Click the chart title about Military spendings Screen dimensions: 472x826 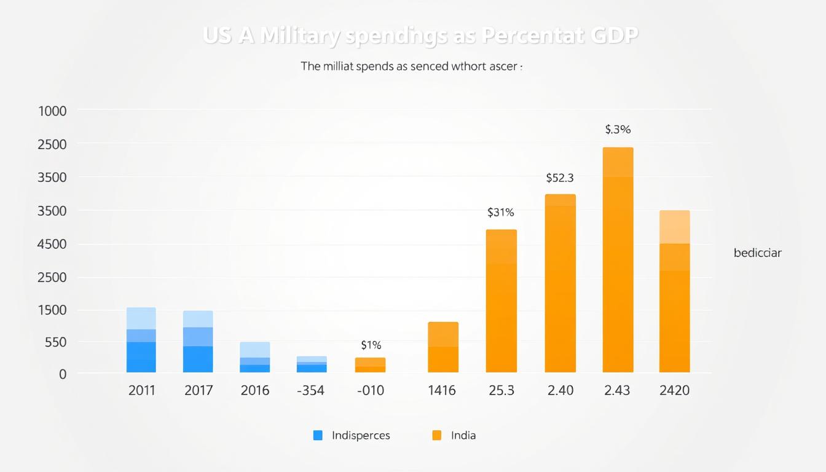click(x=420, y=36)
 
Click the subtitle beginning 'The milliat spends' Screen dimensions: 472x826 click(x=411, y=67)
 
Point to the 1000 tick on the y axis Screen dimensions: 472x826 click(x=52, y=111)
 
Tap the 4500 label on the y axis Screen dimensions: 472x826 click(x=52, y=244)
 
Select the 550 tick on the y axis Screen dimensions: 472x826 click(x=54, y=342)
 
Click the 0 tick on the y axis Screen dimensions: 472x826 click(x=62, y=374)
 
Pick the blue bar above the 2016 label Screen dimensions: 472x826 click(x=255, y=357)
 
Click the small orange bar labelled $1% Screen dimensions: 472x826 click(x=370, y=365)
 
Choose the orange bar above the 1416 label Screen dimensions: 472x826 click(x=443, y=347)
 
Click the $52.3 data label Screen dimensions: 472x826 click(x=559, y=178)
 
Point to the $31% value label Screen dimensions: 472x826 click(x=500, y=213)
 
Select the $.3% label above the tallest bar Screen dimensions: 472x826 click(x=618, y=130)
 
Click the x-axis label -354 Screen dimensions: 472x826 click(x=310, y=390)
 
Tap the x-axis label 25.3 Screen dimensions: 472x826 click(x=501, y=390)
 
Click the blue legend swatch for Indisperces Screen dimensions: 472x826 click(x=318, y=435)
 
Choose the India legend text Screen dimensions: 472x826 click(x=463, y=435)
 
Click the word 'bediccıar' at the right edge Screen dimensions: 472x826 click(x=757, y=253)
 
